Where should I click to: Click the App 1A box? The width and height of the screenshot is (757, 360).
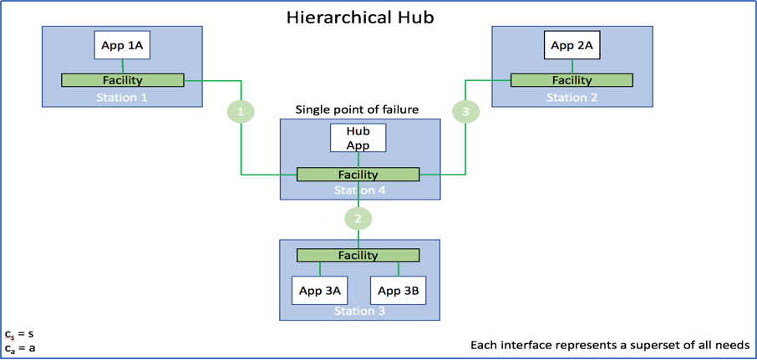(122, 45)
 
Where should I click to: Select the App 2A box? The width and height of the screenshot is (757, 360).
(572, 45)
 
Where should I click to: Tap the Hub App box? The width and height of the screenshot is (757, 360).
(358, 138)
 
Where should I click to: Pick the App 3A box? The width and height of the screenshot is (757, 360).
(320, 291)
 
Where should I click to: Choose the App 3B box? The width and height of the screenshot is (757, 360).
(399, 291)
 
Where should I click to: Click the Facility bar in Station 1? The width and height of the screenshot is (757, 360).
(123, 80)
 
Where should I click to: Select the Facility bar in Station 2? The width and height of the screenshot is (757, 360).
(572, 80)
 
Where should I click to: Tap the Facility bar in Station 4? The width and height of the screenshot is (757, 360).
(358, 175)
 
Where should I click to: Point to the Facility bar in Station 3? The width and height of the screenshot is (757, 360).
(358, 256)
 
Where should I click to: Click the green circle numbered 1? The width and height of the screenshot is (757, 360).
(241, 112)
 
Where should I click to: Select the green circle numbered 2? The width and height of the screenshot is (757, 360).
(358, 219)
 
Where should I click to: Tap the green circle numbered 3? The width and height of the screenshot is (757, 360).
(465, 112)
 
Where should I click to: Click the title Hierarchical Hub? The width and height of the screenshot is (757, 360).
(360, 18)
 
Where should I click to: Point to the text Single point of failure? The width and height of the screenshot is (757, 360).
(357, 110)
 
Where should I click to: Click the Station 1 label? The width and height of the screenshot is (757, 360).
(122, 98)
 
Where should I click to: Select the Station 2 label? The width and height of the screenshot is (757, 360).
(572, 98)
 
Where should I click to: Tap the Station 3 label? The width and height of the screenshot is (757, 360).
(359, 312)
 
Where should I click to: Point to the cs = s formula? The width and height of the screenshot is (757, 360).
(19, 334)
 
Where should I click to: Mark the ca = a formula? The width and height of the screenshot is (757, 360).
(20, 348)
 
